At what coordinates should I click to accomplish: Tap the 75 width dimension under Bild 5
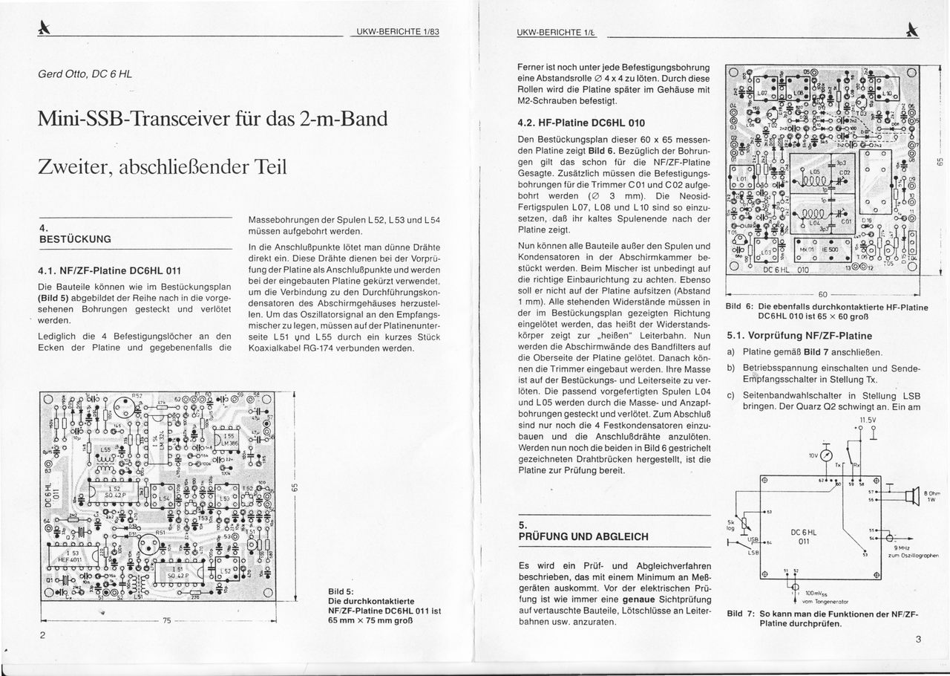click(x=166, y=620)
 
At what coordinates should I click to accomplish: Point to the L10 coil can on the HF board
click(x=887, y=95)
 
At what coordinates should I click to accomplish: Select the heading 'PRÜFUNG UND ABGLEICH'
click(x=583, y=536)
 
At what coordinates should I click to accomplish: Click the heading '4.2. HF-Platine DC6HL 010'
click(x=580, y=123)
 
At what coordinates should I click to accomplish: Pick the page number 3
click(x=917, y=640)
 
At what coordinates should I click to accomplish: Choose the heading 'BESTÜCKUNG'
click(x=74, y=239)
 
